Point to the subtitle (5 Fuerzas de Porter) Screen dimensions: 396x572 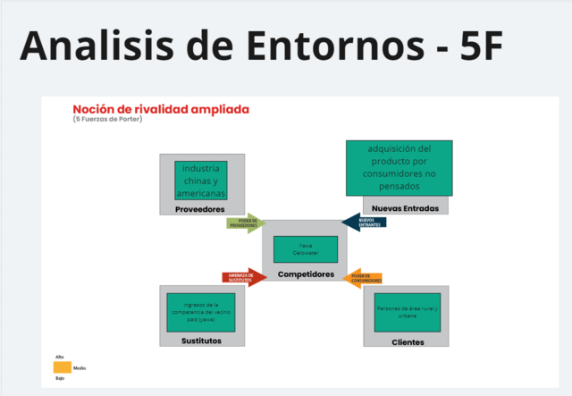pos(114,120)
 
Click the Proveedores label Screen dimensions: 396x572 pos(198,209)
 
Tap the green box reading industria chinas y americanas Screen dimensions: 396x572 pos(200,181)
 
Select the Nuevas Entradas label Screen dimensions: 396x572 pos(398,208)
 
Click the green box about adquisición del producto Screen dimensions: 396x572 pos(399,167)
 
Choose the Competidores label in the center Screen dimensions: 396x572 pos(306,274)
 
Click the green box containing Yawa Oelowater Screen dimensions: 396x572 pos(306,249)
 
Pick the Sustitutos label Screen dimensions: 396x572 pos(201,341)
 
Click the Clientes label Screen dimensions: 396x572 pos(408,341)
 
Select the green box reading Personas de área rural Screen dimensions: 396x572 pos(408,312)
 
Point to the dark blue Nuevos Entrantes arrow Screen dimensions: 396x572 pos(364,223)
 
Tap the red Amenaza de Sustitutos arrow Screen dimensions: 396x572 pos(243,278)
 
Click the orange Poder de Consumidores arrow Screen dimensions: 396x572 pos(365,278)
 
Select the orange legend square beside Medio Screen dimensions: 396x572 pos(62,367)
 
